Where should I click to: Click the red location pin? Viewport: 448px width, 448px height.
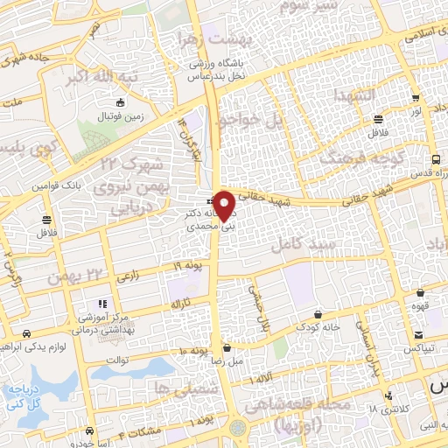point(224,204)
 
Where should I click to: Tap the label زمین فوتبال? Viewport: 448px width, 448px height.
point(114,115)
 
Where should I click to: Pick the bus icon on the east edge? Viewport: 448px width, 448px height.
point(436,159)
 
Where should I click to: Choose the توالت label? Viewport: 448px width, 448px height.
point(117,359)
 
